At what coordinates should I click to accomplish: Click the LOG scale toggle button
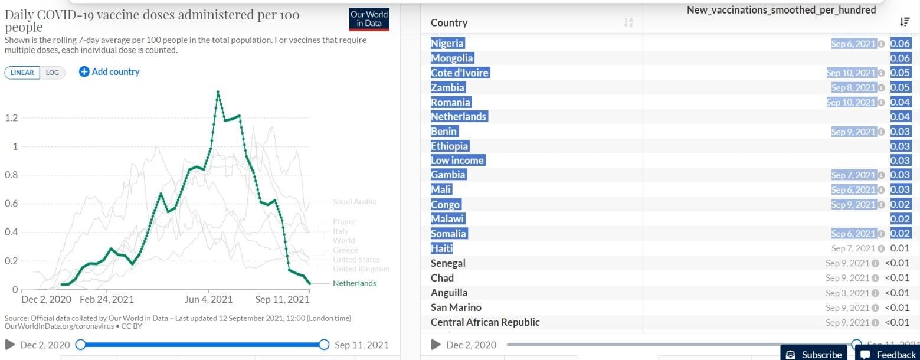tap(53, 73)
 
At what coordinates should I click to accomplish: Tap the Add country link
tap(110, 72)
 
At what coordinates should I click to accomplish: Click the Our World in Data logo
tap(369, 19)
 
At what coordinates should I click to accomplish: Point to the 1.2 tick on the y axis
tap(11, 118)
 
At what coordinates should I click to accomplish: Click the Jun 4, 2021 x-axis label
tap(209, 300)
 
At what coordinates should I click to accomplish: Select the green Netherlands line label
tap(354, 283)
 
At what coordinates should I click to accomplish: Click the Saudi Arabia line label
tap(354, 202)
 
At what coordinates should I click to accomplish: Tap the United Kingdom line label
tap(361, 269)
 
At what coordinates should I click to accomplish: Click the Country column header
tap(449, 23)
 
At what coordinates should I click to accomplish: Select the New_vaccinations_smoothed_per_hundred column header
tap(781, 10)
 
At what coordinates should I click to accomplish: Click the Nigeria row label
tap(447, 44)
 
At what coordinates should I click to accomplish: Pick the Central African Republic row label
tap(485, 322)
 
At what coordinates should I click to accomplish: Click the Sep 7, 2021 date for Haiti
tap(853, 248)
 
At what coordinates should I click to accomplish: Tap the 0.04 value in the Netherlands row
tap(900, 117)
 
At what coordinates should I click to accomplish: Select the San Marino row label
tap(456, 307)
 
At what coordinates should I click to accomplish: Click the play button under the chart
tap(10, 345)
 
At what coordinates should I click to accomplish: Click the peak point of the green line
tap(218, 91)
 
